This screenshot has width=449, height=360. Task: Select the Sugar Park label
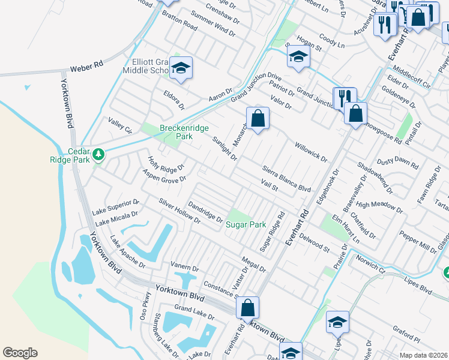point(246,224)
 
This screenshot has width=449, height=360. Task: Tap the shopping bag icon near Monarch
point(258,118)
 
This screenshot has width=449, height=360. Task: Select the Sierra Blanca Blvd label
point(286,179)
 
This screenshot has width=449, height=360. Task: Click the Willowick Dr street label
point(310,152)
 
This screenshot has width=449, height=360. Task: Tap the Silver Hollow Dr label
point(179,211)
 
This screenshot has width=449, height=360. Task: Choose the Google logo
point(20,353)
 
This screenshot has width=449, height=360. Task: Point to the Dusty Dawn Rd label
point(397,163)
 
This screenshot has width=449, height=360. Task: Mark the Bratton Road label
point(179,20)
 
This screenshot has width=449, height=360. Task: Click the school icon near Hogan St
point(298,58)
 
